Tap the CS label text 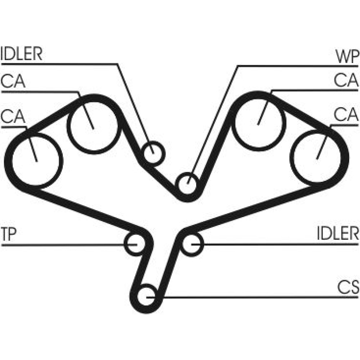pos(348,288)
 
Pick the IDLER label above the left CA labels pos(22,54)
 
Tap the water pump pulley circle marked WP pos(188,184)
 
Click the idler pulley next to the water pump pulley pos(153,153)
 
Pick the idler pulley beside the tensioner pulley pos(192,244)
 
